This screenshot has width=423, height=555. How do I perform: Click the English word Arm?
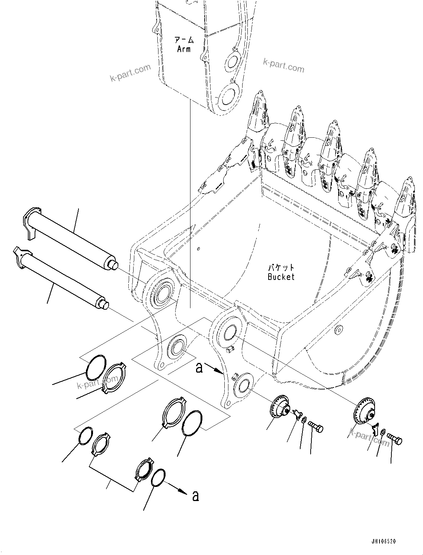[x=183, y=49]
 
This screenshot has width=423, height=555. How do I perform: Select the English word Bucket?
[x=281, y=277]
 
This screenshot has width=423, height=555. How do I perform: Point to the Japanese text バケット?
[x=281, y=268]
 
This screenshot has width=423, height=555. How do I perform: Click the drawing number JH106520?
[x=383, y=541]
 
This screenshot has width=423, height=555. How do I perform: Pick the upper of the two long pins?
[x=71, y=239]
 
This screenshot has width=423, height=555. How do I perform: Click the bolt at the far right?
[x=394, y=440]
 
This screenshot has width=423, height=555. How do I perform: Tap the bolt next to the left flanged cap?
[x=315, y=427]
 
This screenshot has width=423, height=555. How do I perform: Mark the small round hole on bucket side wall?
[x=338, y=330]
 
